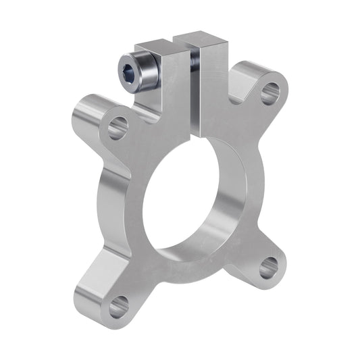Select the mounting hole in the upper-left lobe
tap(117, 126)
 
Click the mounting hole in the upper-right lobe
tap(269, 92)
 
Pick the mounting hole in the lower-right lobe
tap(269, 266)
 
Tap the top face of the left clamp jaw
tap(159, 47)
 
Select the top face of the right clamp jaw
tap(201, 40)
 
